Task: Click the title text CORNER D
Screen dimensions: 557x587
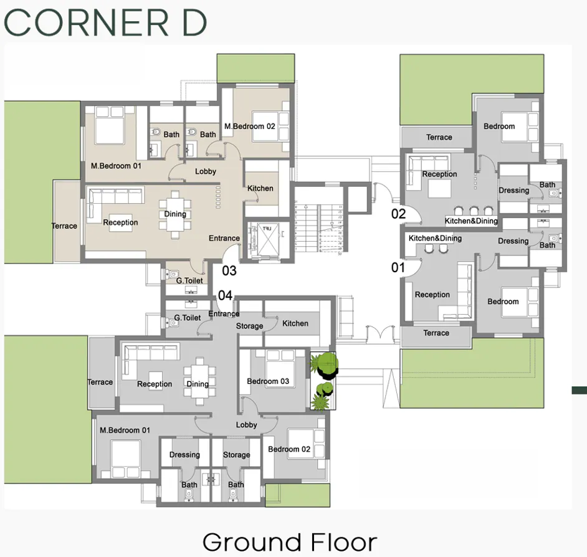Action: (105, 22)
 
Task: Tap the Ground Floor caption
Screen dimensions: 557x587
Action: (289, 541)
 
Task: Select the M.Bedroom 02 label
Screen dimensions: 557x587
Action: (250, 126)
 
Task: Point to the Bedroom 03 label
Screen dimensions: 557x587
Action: (268, 381)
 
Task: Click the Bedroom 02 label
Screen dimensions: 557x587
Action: (289, 449)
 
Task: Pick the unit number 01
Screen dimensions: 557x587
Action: (398, 268)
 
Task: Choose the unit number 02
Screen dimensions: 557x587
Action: (399, 214)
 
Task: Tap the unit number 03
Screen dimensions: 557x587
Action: (229, 270)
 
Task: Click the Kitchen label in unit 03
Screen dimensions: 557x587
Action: (260, 188)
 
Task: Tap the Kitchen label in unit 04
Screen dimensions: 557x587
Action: (295, 323)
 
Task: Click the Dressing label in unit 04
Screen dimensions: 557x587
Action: (184, 455)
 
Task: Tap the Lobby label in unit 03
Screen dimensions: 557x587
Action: (206, 171)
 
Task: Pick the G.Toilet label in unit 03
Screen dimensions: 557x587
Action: (189, 281)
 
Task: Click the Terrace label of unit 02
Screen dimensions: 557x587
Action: (439, 137)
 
